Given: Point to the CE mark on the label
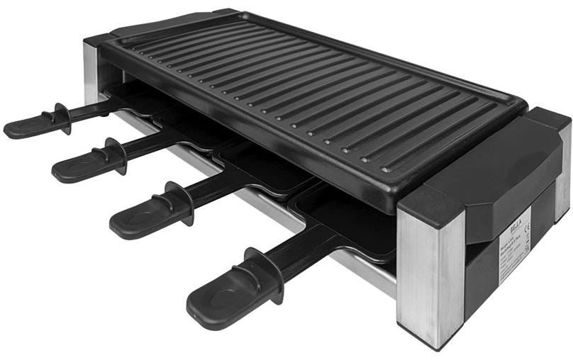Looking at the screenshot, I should (x=526, y=228).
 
